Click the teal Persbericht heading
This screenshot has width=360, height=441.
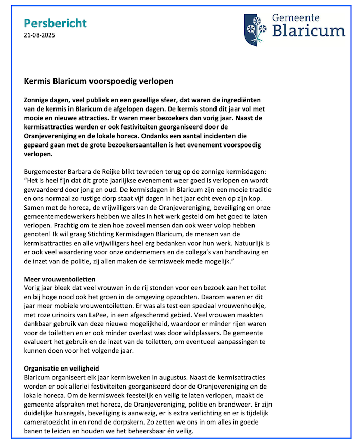click(56, 23)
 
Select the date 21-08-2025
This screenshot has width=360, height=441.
click(40, 35)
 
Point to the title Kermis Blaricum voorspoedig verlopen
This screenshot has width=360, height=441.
click(99, 81)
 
